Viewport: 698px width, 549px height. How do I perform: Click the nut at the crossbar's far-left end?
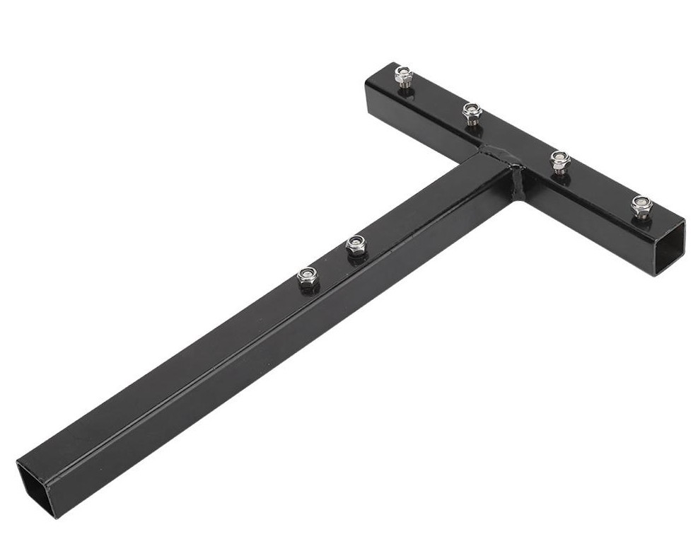pyautogui.click(x=404, y=73)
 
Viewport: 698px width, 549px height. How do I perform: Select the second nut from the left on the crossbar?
pyautogui.click(x=472, y=110)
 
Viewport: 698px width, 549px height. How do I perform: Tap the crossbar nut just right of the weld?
pyautogui.click(x=560, y=158)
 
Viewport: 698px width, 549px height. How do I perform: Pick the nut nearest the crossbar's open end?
pyautogui.click(x=641, y=204)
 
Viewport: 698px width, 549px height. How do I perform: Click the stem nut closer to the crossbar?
pyautogui.click(x=356, y=245)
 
